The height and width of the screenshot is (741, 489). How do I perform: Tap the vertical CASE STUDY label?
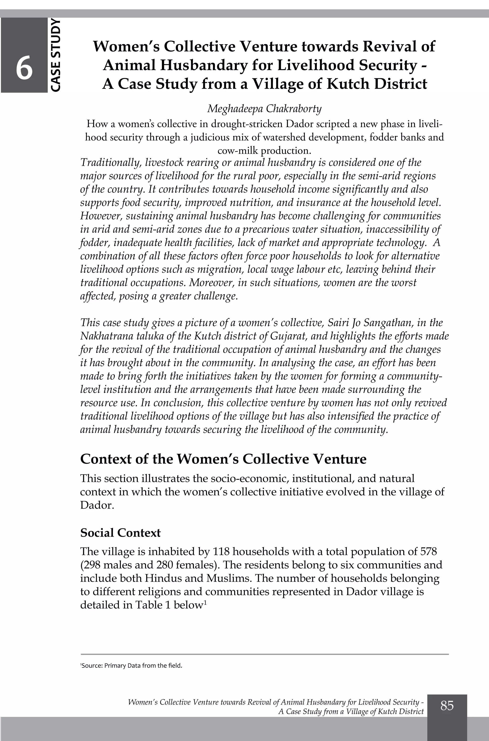click(x=55, y=55)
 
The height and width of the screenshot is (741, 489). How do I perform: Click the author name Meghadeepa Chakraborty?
click(x=264, y=109)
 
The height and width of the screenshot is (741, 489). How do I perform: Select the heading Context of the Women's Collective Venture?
click(x=223, y=459)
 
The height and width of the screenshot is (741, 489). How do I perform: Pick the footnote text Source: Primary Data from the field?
click(x=131, y=666)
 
